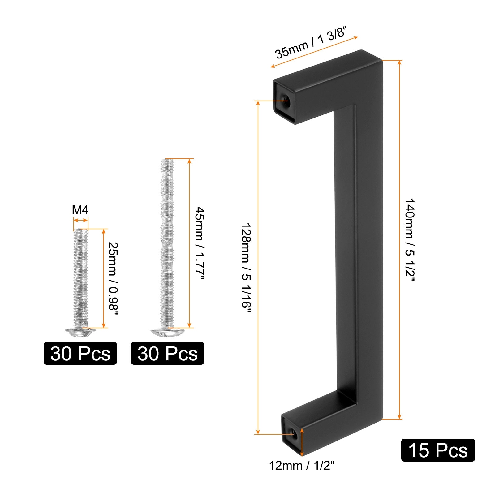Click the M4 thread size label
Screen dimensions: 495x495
(x=80, y=210)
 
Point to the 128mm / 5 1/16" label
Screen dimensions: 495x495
(x=246, y=265)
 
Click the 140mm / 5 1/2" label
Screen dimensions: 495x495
(x=410, y=240)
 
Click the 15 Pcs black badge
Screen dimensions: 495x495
(x=438, y=450)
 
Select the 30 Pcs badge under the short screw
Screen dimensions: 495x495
(x=80, y=353)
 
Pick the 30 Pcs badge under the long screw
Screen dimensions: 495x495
(x=167, y=353)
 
